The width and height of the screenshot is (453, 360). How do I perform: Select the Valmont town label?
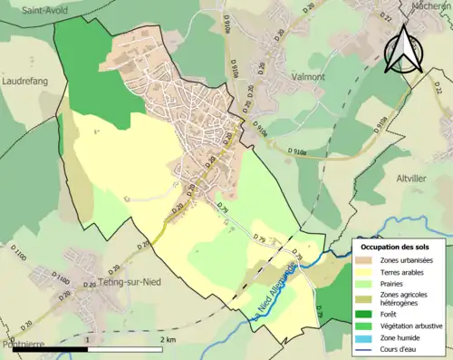(308, 77)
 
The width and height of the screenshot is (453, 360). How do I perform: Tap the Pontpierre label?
(20, 345)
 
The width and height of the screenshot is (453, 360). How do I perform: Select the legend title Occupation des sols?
(400, 247)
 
